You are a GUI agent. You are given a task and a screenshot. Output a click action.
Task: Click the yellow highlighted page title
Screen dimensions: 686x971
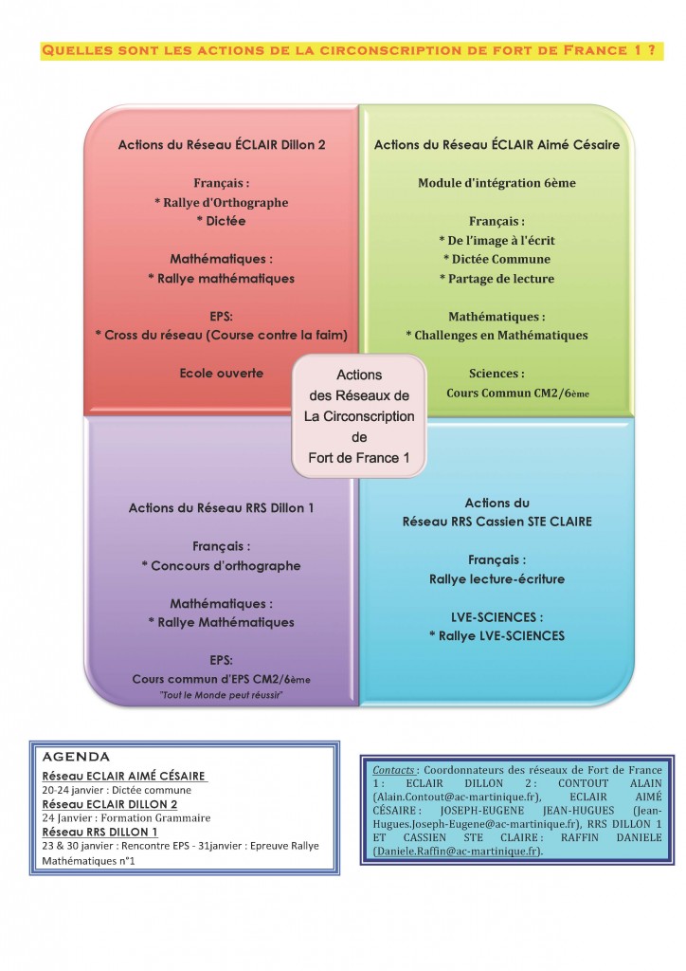tap(352, 50)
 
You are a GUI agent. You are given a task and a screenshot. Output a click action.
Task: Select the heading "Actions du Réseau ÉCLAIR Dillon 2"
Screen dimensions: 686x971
tap(222, 145)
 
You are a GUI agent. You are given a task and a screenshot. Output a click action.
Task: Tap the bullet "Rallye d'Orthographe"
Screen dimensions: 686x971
tap(222, 203)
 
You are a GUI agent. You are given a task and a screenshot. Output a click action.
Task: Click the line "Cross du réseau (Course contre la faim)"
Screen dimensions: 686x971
tap(222, 335)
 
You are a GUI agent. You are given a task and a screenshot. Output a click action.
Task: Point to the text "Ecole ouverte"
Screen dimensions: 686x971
tap(222, 374)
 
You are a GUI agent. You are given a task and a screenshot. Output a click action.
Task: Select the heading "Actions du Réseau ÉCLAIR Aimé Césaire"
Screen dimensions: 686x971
tap(496, 145)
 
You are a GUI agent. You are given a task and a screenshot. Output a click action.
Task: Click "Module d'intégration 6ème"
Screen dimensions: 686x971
tap(496, 183)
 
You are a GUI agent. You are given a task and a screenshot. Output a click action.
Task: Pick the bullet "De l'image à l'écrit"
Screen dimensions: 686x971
tap(496, 240)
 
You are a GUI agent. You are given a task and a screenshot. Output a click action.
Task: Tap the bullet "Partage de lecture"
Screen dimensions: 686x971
tap(496, 279)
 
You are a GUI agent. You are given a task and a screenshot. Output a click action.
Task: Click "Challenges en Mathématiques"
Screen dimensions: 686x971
tap(496, 335)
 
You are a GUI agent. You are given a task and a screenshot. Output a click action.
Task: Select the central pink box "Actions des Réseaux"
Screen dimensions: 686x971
tap(359, 416)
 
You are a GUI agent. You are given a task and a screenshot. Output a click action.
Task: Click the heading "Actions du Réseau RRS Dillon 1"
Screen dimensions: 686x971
tap(222, 508)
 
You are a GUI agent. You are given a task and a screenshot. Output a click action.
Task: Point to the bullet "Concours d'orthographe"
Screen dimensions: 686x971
tap(222, 565)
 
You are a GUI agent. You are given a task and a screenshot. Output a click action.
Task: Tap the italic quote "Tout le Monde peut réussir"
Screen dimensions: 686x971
tap(222, 695)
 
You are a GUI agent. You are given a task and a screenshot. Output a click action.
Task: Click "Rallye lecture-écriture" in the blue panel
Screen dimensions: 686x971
tap(496, 579)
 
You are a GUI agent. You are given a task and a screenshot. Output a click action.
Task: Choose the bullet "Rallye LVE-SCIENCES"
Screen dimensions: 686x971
tap(496, 636)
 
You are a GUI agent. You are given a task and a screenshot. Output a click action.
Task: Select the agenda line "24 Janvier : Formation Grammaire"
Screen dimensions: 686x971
tap(126, 818)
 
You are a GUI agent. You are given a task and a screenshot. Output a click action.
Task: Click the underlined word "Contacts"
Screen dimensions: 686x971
tap(393, 770)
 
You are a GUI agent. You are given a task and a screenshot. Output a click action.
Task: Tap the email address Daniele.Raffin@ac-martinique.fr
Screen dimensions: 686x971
tap(457, 852)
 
